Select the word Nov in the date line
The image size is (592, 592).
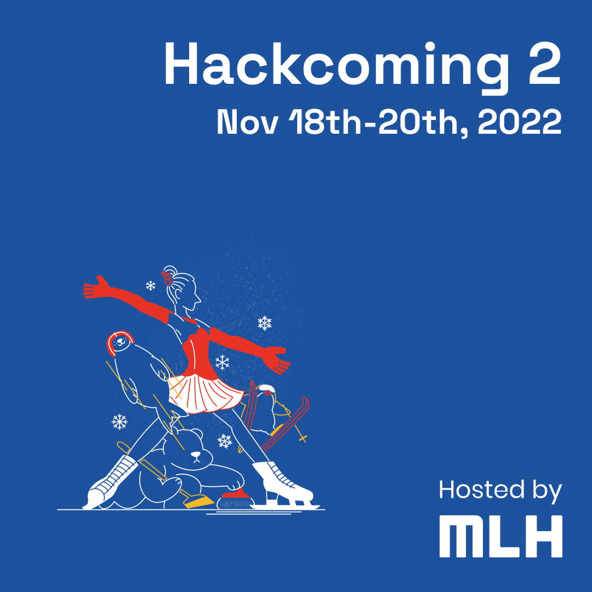248,122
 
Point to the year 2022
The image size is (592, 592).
520,122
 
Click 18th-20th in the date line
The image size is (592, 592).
378,122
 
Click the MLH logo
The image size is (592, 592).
500,536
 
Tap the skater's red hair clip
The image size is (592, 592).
167,278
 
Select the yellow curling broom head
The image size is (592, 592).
198,502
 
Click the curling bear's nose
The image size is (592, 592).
196,454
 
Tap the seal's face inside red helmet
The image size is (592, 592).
120,342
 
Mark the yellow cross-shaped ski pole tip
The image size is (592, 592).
303,439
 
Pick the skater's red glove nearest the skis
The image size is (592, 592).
277,361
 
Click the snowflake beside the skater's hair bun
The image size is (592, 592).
151,286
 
